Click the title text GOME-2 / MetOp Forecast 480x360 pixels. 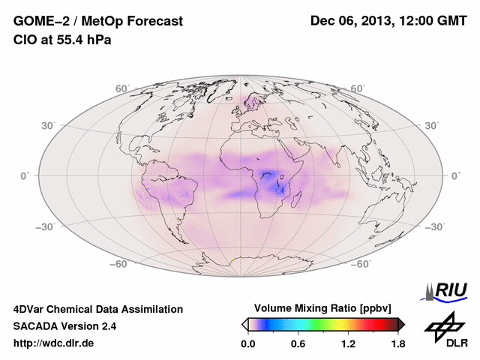click(x=97, y=22)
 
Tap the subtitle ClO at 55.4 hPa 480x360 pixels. click(x=62, y=40)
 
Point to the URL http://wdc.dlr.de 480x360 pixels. click(x=54, y=343)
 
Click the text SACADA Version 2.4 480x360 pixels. click(x=64, y=326)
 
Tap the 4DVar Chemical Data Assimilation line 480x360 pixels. click(x=97, y=309)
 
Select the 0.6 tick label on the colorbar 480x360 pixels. click(x=297, y=343)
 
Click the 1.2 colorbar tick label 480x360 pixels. click(x=348, y=343)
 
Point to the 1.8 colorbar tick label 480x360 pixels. click(x=397, y=343)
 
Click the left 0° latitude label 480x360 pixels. click(x=25, y=175)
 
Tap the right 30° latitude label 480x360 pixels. click(x=432, y=125)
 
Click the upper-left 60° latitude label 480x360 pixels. click(x=121, y=88)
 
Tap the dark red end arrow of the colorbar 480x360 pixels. click(x=401, y=324)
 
